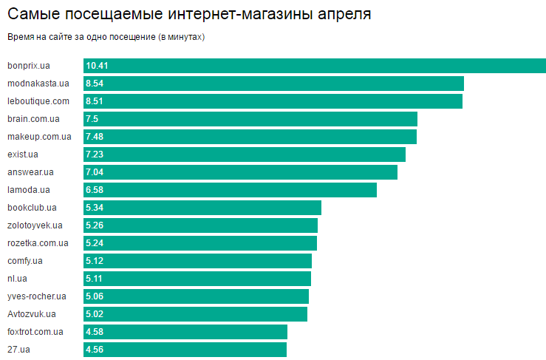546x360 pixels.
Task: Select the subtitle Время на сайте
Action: point(106,37)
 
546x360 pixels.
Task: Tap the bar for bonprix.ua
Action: point(314,66)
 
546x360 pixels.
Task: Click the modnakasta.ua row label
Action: point(38,84)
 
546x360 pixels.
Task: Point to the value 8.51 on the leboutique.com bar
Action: point(95,101)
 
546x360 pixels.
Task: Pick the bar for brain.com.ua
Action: point(250,119)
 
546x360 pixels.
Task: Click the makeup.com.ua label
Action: point(39,137)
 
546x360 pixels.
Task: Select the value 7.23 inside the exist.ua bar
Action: point(95,154)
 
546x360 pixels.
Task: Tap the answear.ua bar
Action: point(240,172)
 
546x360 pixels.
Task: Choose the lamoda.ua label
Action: point(29,190)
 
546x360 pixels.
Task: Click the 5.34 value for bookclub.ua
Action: point(95,208)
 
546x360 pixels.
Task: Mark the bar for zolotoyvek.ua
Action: point(200,225)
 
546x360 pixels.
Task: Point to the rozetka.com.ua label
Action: point(38,243)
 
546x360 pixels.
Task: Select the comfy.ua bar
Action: point(197,261)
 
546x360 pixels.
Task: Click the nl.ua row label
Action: point(18,279)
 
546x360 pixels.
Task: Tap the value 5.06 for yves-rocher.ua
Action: point(95,296)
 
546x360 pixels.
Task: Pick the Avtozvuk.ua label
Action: point(31,314)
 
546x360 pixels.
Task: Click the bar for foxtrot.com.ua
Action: point(185,332)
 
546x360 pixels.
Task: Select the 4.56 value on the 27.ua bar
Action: point(95,350)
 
